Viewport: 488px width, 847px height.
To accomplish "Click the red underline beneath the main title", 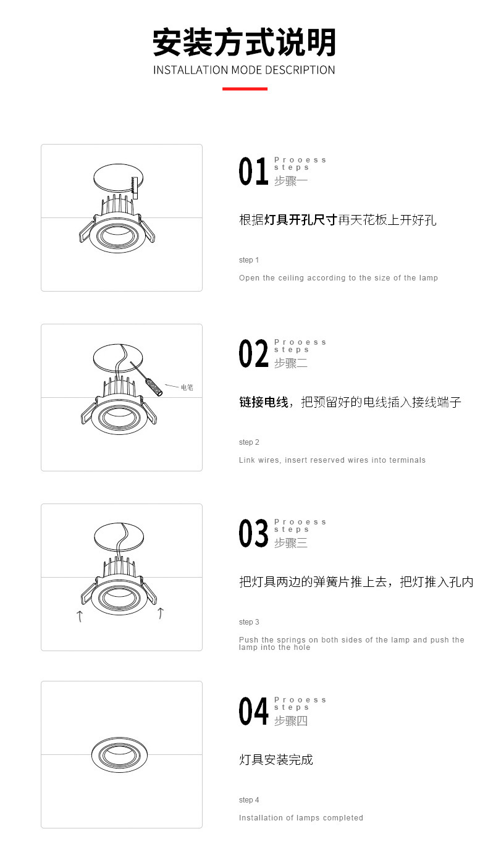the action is click(x=245, y=89).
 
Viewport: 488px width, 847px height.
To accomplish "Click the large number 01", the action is click(x=253, y=171).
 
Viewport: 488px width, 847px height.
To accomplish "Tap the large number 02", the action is click(x=253, y=353).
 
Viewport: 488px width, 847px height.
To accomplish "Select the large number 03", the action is click(x=253, y=533).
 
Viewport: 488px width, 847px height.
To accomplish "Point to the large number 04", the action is click(x=253, y=711).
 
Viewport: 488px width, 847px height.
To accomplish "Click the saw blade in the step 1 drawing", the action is click(x=134, y=188).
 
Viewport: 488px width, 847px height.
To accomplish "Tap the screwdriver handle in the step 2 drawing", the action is click(x=155, y=387).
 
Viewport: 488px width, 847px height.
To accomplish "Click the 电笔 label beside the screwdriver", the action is click(x=187, y=387).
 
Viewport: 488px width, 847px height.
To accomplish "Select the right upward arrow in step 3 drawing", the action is click(x=161, y=613).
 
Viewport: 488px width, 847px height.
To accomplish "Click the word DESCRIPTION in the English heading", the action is click(x=300, y=70).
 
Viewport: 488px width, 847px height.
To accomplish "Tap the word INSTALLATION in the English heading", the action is click(x=190, y=70).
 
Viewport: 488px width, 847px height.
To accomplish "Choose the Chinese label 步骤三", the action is click(x=291, y=543).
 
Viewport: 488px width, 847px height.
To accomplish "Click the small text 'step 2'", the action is click(x=249, y=442).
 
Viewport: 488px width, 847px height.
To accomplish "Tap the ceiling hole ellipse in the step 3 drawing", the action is click(x=94, y=537).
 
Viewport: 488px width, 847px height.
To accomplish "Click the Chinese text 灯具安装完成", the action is click(x=276, y=760).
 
